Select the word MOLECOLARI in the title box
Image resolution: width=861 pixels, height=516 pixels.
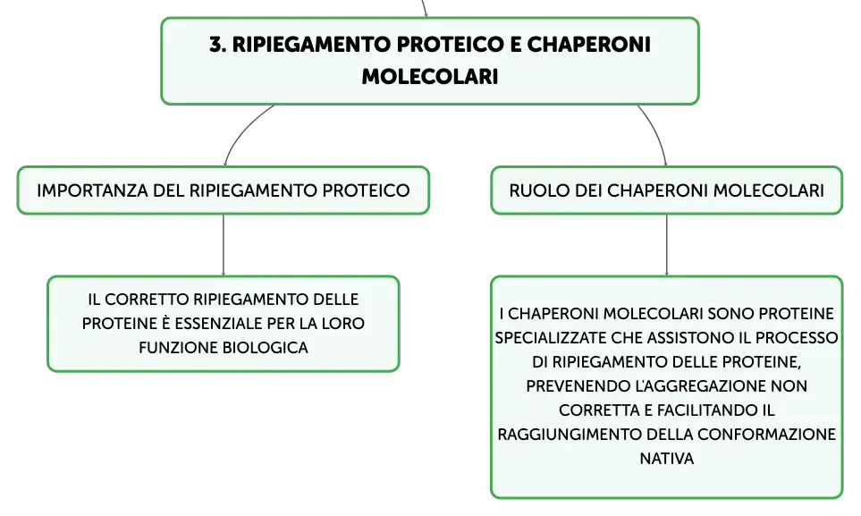[430, 76]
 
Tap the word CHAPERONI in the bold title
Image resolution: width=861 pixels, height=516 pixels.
[588, 45]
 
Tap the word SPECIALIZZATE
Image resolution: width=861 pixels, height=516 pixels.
[551, 337]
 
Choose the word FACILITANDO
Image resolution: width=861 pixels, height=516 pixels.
[705, 410]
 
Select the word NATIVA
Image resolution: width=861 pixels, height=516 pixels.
[667, 458]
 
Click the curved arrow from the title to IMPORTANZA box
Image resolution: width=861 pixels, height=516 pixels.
[241, 131]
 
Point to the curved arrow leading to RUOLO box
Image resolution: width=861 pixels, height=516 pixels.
[656, 132]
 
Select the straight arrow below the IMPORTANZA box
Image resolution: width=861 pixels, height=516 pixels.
[224, 245]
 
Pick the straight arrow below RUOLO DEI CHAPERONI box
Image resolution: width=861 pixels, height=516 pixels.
[667, 245]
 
